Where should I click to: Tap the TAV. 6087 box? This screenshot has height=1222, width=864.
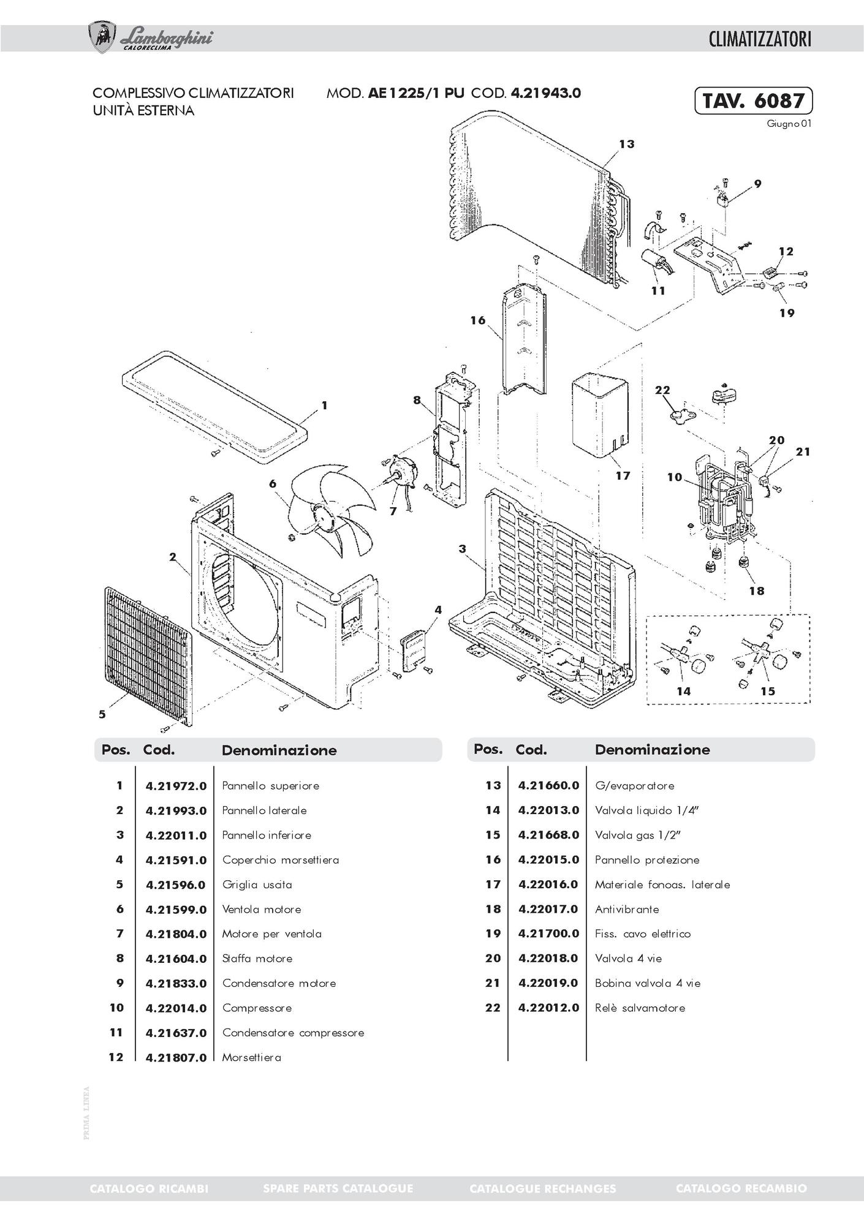753,100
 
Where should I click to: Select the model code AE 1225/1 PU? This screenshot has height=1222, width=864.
416,93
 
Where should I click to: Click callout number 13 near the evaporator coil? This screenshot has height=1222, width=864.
626,144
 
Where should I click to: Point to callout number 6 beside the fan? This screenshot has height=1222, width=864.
273,483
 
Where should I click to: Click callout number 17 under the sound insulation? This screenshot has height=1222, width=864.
623,475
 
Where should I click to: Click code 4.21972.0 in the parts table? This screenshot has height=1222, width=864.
176,786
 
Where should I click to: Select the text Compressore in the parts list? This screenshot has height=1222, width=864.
257,1008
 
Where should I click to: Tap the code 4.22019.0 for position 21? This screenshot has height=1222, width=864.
548,983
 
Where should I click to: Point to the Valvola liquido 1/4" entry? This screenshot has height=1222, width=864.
647,810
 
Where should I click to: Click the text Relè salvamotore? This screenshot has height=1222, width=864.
640,1008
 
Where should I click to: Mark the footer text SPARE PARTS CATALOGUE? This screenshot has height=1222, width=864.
338,1188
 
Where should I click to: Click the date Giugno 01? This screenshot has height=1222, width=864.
789,123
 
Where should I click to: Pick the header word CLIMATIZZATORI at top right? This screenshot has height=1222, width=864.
760,39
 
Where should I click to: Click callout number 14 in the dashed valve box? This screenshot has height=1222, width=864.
684,691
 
